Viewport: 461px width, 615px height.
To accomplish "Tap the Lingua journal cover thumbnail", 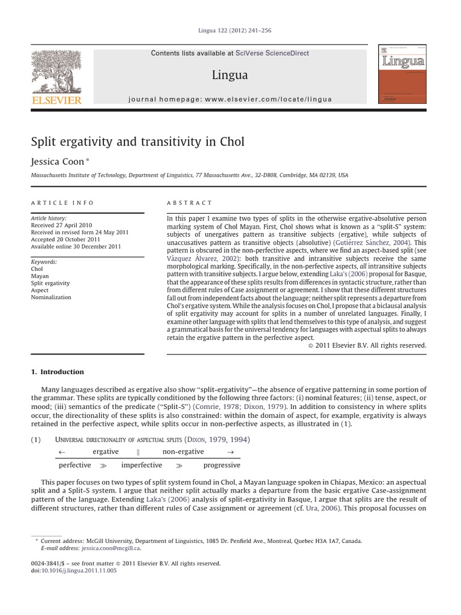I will [402, 74].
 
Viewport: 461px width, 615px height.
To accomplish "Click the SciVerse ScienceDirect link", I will [273, 53].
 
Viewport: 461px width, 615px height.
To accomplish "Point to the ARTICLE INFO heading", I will [62, 203].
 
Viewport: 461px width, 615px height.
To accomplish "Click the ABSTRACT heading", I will [190, 203].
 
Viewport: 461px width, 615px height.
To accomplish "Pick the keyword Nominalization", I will [51, 297].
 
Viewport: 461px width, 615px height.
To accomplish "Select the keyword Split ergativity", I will [50, 283].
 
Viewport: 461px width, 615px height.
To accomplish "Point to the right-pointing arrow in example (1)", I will [230, 452].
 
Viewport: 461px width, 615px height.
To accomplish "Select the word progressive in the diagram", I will [221, 465].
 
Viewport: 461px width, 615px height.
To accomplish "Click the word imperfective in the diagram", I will [142, 465].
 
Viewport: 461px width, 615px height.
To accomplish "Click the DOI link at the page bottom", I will [78, 571].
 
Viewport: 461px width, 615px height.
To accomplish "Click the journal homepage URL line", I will [230, 99].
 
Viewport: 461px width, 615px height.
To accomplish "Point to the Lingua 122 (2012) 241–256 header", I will [230, 31].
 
